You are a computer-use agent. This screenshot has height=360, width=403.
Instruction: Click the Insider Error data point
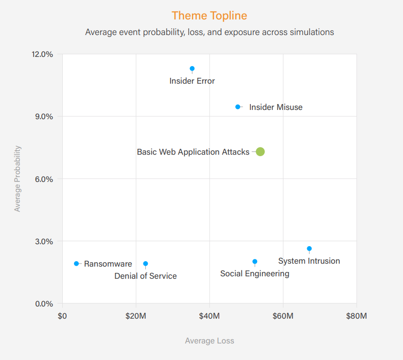click(x=192, y=69)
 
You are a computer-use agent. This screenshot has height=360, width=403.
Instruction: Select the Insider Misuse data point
click(x=238, y=107)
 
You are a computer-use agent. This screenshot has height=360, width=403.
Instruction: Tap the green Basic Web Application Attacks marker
click(x=260, y=151)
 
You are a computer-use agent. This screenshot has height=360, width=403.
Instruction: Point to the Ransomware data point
click(x=76, y=263)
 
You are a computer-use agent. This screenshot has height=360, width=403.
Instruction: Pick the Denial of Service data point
click(x=145, y=264)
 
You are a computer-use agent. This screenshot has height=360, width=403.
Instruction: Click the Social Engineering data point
click(x=255, y=261)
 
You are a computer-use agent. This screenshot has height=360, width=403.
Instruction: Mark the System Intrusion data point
click(x=309, y=249)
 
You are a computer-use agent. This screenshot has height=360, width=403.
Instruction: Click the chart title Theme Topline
click(x=209, y=16)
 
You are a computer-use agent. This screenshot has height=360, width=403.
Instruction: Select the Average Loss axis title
click(x=210, y=341)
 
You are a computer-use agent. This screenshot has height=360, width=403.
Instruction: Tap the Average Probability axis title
click(x=18, y=179)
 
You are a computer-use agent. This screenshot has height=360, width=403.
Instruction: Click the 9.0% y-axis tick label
click(x=43, y=116)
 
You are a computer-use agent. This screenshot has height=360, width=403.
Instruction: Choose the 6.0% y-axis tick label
click(x=43, y=179)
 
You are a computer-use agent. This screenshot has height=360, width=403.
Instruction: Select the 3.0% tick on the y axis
click(x=43, y=241)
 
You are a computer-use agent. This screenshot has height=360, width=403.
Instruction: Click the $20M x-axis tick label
click(x=136, y=316)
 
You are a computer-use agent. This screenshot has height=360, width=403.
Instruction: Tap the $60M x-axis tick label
click(x=283, y=316)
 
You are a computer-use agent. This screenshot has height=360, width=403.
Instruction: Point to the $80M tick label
click(x=356, y=316)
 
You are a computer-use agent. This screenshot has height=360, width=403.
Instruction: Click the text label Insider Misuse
click(x=276, y=107)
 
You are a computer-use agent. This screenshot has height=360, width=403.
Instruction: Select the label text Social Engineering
click(x=255, y=273)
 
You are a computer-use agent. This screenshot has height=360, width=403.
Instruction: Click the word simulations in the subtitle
click(x=310, y=32)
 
